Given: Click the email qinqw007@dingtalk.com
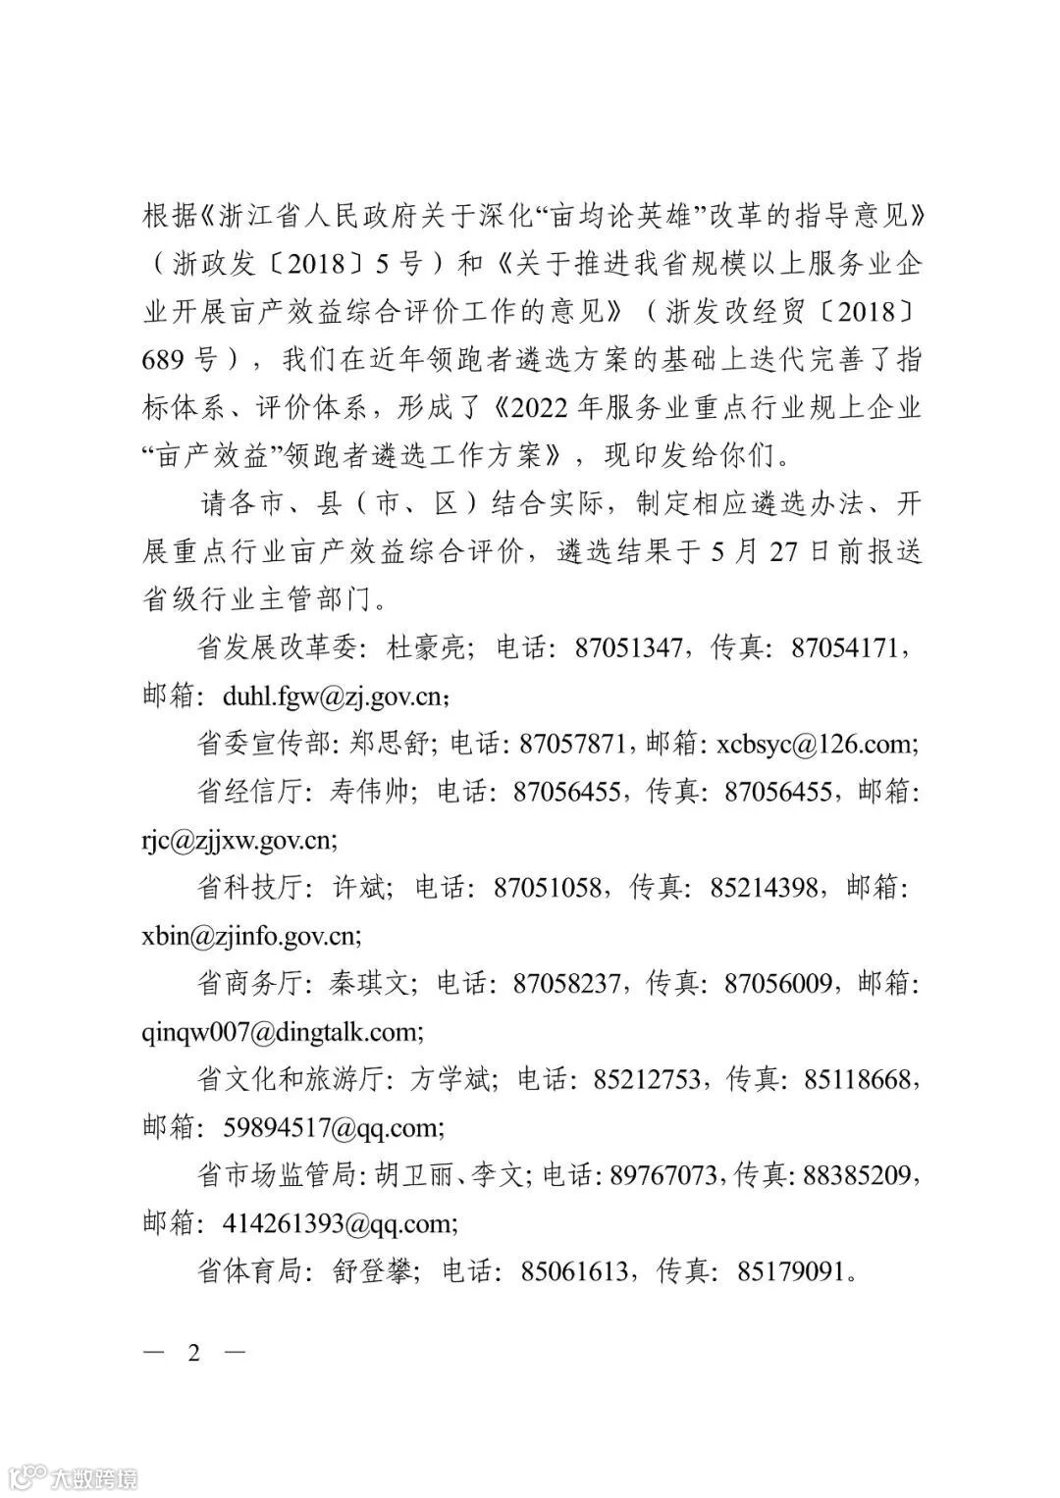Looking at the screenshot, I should [x=282, y=1032].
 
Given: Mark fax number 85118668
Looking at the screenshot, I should [x=860, y=1080].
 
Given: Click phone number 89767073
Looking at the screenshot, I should [x=663, y=1175].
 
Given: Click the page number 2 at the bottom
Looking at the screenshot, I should [x=193, y=1353].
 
